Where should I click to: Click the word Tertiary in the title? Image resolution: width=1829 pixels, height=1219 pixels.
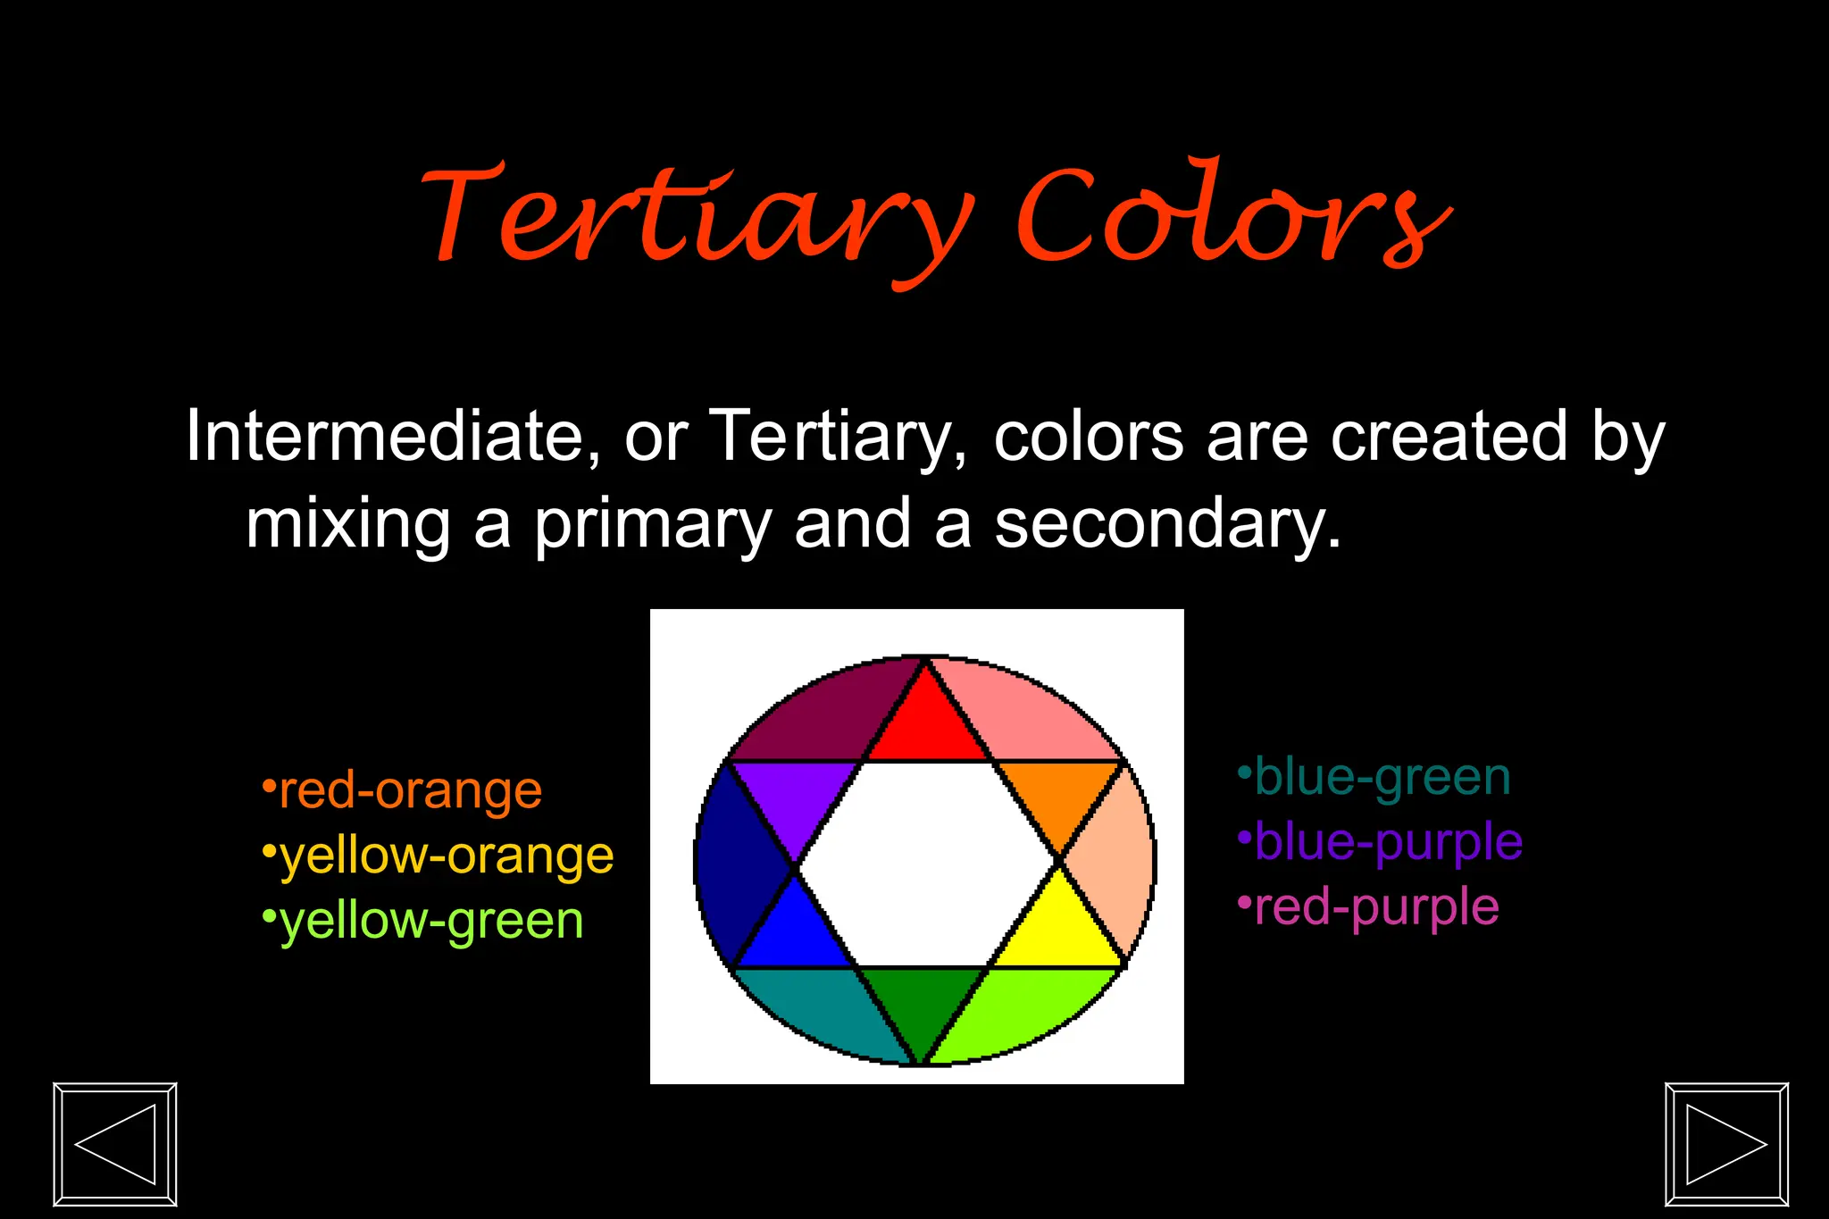(x=697, y=219)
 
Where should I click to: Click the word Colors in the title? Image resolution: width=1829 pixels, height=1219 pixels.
(x=1232, y=219)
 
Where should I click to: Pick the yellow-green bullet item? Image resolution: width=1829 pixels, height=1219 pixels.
(x=424, y=921)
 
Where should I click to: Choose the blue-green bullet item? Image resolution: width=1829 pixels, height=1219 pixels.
(x=1375, y=777)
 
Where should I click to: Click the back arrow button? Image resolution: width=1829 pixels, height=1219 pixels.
(x=115, y=1144)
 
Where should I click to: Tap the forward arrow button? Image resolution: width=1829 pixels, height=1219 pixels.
(x=1726, y=1144)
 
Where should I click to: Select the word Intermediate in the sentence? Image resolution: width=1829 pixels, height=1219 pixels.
(x=384, y=438)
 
